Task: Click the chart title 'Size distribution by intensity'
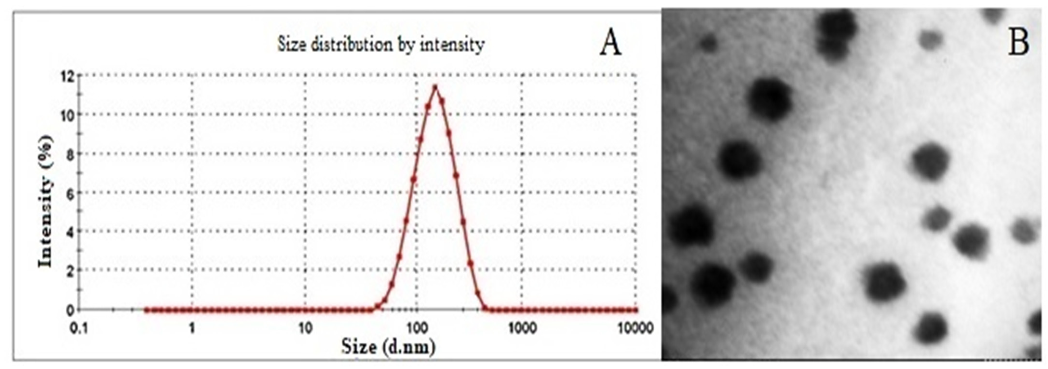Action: [x=381, y=44]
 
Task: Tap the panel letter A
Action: [x=610, y=44]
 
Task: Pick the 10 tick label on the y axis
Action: [x=67, y=115]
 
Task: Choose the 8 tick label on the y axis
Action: [x=70, y=154]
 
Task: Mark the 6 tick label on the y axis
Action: [x=70, y=193]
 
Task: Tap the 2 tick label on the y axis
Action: [x=70, y=270]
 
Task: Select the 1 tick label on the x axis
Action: [x=192, y=328]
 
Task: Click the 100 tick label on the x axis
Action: [x=416, y=328]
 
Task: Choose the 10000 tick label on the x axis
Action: [x=635, y=328]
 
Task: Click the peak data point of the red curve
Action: [x=435, y=87]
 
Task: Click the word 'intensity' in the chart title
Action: [x=452, y=44]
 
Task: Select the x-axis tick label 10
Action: [x=305, y=328]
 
